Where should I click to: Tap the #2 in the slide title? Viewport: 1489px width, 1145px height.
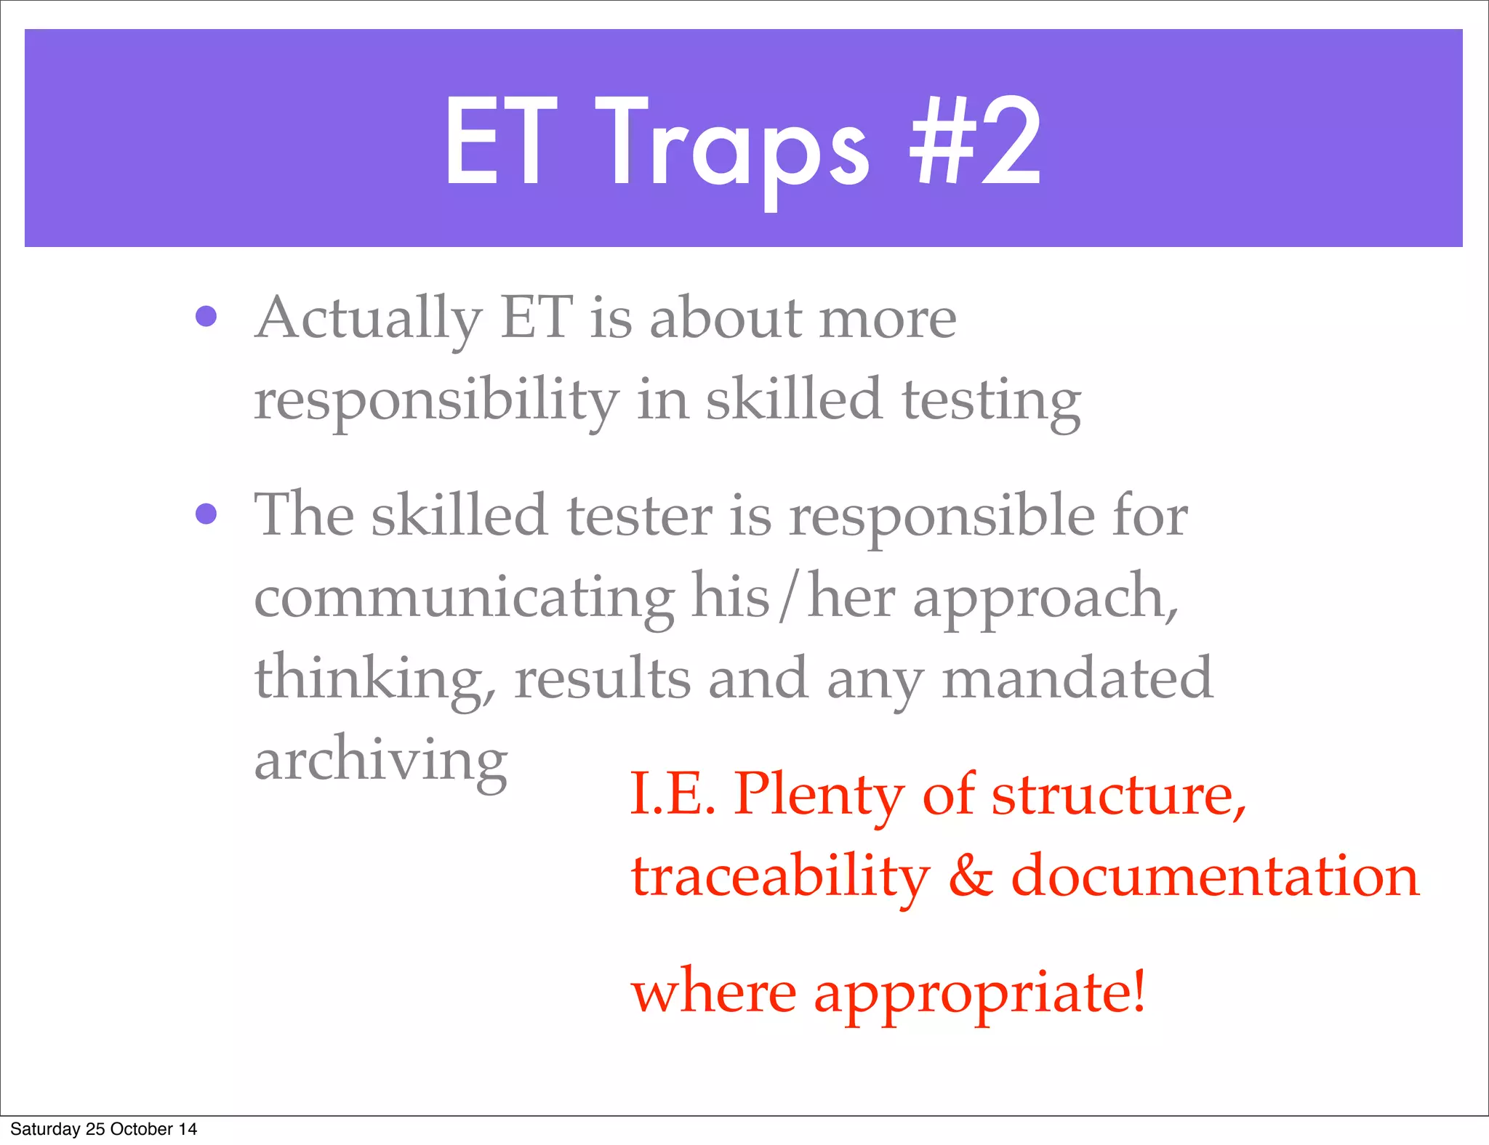click(976, 142)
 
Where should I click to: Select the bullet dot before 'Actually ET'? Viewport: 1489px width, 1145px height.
click(206, 317)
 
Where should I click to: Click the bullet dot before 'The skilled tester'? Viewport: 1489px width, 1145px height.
click(206, 514)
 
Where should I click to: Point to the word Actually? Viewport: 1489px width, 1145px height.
click(369, 320)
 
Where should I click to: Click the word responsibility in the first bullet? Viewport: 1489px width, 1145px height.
click(436, 401)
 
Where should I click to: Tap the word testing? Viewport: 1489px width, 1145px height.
click(992, 401)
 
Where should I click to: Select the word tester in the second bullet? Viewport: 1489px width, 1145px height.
click(639, 515)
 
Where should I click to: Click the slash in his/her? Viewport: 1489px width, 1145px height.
click(788, 597)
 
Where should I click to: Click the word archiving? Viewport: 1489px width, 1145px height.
click(381, 761)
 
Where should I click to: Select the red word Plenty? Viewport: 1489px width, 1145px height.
click(819, 796)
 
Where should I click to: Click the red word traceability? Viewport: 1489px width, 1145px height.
click(780, 877)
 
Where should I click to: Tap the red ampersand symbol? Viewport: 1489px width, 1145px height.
click(970, 875)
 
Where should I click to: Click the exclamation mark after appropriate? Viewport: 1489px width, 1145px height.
click(1139, 991)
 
